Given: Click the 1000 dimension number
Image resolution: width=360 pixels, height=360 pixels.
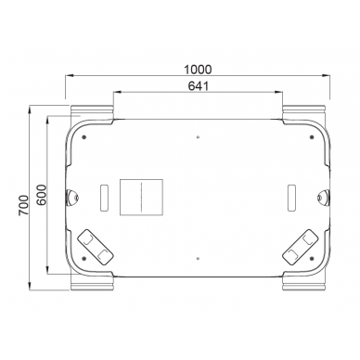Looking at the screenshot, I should coord(198,70).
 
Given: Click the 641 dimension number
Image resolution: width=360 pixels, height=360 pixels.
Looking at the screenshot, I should coord(198,86).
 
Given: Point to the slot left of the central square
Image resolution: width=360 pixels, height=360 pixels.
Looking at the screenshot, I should coord(103,197).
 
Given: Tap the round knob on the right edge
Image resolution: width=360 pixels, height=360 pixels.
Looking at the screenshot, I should coord(323,196).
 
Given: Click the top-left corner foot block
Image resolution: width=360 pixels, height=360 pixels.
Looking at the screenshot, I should coord(90,112).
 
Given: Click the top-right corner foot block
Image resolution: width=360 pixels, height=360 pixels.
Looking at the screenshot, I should coord(304,112).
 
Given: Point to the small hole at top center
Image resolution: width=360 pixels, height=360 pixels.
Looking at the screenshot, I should coord(198,140).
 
